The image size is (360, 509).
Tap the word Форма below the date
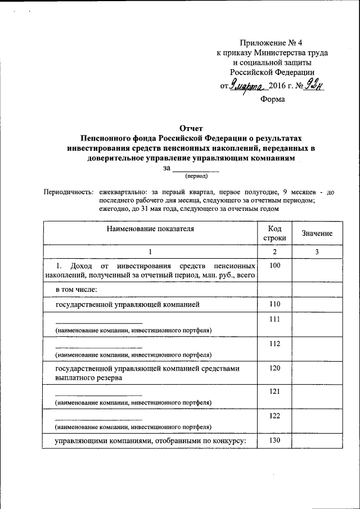[x=272, y=99]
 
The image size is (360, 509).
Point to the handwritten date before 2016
[x=247, y=87]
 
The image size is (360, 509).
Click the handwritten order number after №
[x=314, y=87]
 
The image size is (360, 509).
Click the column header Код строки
[x=274, y=233]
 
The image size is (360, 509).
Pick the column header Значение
[x=317, y=233]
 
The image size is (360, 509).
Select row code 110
[x=274, y=304]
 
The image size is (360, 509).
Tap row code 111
[x=274, y=319]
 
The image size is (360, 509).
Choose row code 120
[x=274, y=368]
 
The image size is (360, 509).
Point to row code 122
[x=274, y=416]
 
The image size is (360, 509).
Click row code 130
[x=274, y=440]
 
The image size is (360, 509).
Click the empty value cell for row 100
[x=317, y=270]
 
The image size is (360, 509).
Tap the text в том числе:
[x=76, y=290]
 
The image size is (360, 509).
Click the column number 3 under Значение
[x=317, y=252]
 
